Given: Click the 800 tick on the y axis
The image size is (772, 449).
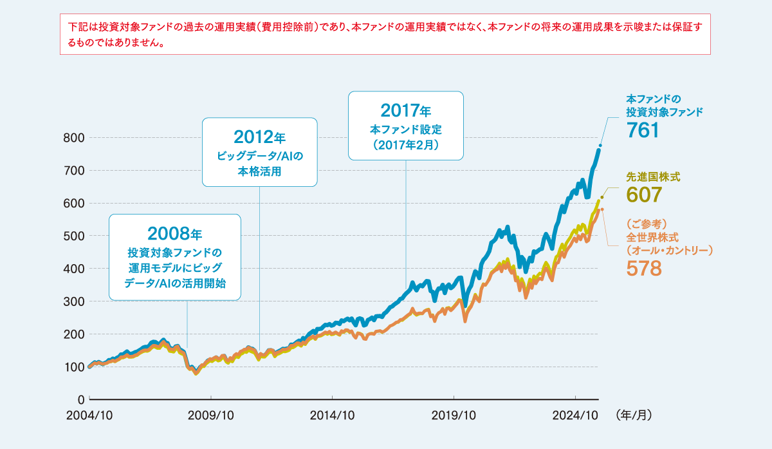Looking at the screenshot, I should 74,138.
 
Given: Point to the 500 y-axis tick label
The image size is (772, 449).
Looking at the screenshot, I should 74,236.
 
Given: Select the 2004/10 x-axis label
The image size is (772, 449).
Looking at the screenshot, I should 89,416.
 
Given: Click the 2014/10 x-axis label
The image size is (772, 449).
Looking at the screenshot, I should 333,416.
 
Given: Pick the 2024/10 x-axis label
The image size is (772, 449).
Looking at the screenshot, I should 576,416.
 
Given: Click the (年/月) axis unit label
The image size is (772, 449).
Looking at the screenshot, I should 634,416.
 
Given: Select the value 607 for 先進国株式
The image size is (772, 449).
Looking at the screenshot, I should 644,194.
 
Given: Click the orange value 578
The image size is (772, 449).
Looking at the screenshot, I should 644,268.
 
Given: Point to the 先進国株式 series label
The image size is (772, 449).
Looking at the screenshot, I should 653,175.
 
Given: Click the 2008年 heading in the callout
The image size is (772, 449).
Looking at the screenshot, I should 175,233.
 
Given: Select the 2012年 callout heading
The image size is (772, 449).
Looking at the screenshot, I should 259,137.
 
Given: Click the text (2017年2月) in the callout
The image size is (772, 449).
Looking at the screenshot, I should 405,145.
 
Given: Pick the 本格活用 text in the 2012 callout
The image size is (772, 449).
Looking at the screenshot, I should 259,172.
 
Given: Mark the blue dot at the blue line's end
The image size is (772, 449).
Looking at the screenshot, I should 600,146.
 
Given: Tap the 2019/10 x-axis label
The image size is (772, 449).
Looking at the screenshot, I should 454,416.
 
